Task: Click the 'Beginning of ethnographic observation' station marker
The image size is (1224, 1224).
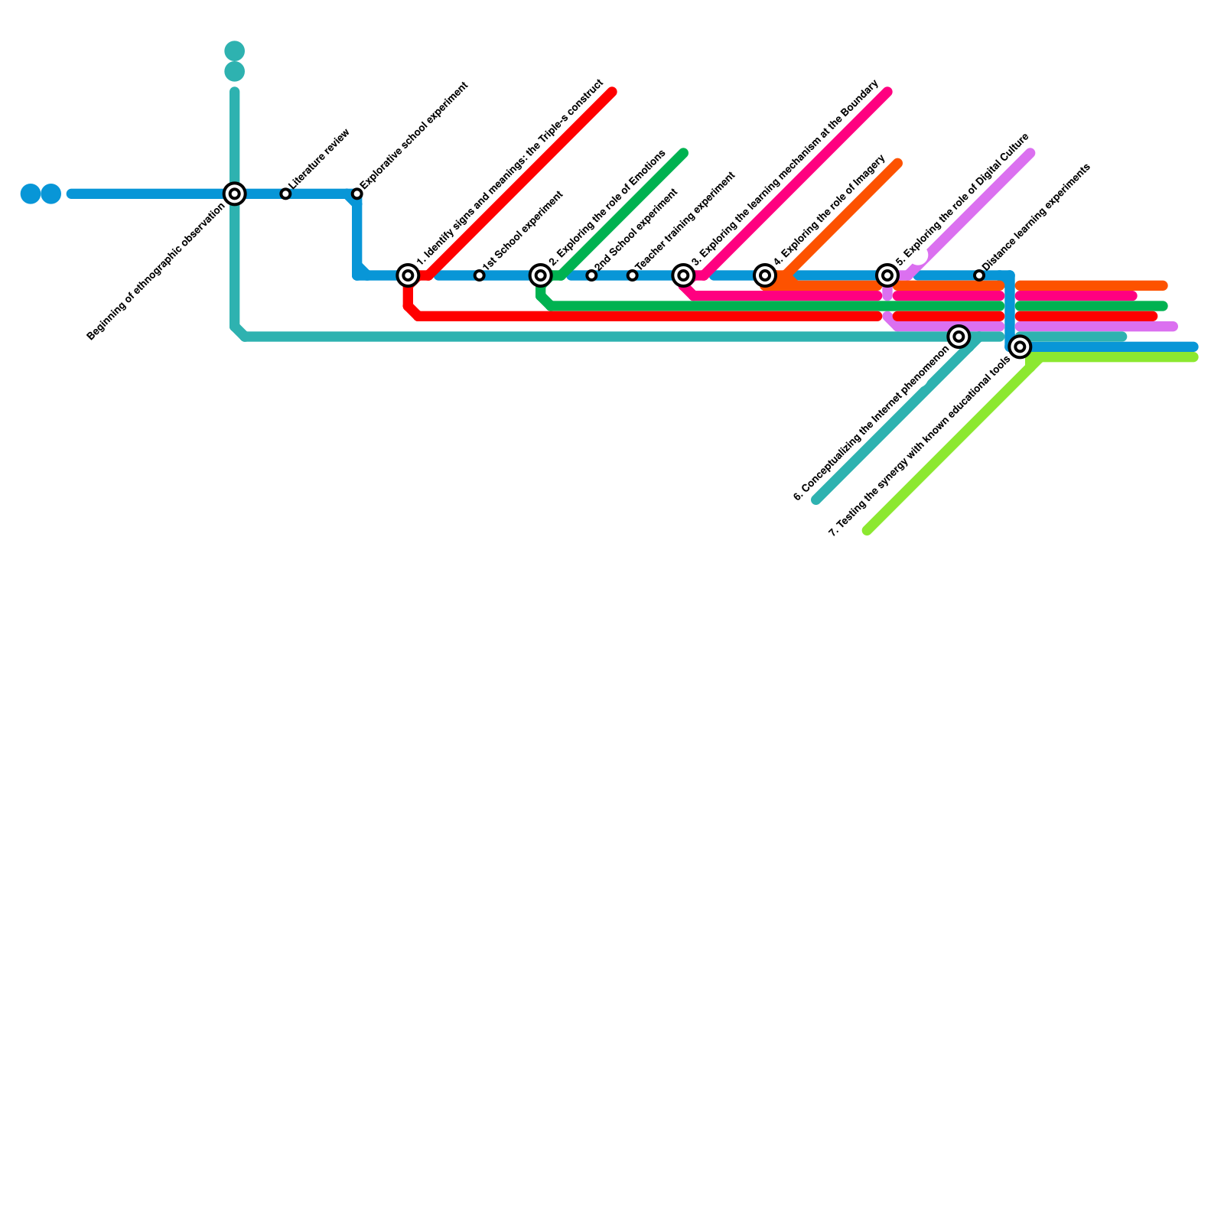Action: click(235, 194)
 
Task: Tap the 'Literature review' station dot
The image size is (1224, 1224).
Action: click(285, 194)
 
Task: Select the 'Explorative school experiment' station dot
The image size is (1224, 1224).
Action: click(357, 194)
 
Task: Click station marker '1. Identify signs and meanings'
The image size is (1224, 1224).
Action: click(409, 275)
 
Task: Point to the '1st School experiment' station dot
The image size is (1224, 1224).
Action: click(479, 275)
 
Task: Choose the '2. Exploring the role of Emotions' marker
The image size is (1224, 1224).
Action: click(541, 275)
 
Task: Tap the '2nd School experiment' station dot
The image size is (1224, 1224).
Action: click(591, 275)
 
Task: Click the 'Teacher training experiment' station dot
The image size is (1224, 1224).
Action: click(632, 275)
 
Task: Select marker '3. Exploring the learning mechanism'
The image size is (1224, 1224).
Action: click(684, 275)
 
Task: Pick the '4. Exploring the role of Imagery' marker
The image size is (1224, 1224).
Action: click(765, 275)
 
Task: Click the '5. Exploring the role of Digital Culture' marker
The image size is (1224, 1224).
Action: click(887, 275)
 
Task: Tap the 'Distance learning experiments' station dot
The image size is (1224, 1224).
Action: click(979, 275)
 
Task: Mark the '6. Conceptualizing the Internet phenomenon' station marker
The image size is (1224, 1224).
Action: click(959, 337)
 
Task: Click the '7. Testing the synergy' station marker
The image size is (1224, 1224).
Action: click(1020, 347)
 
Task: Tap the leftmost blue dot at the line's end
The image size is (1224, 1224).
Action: click(31, 194)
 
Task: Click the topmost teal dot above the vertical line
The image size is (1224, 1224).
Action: click(235, 51)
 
